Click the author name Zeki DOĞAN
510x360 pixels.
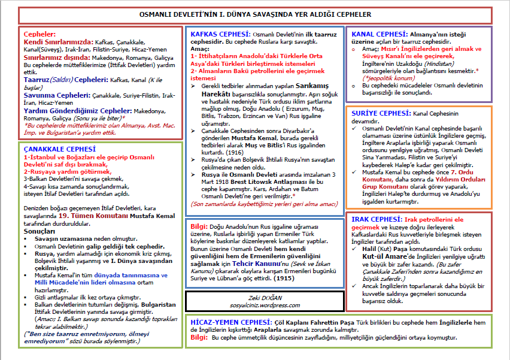tap(265, 296)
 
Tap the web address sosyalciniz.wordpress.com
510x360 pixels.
tap(265, 304)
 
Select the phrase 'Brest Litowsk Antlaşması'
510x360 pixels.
tap(256, 182)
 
